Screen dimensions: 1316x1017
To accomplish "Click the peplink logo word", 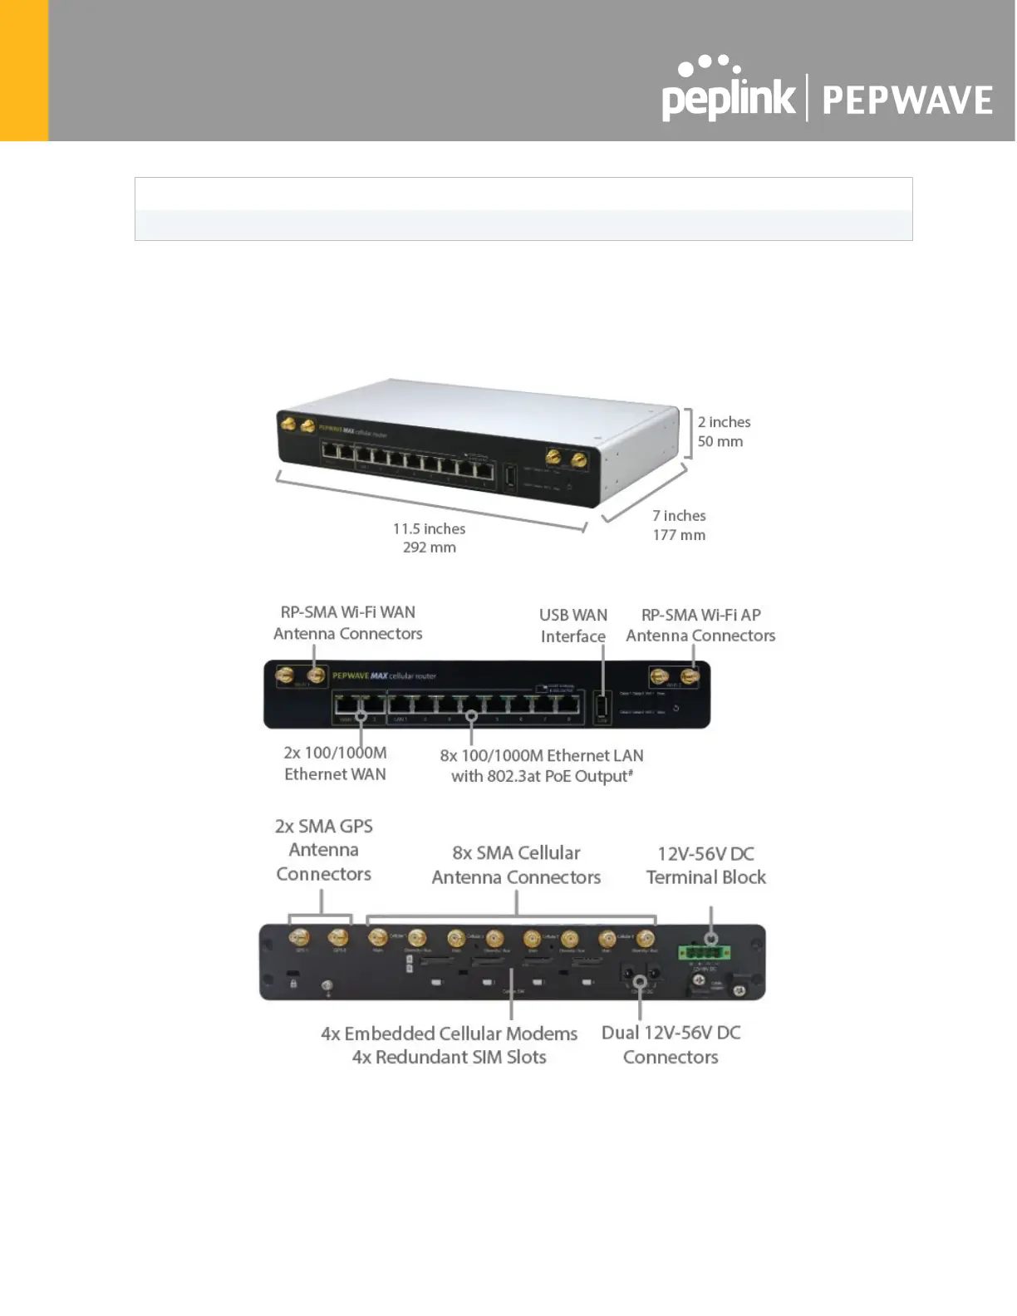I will tap(728, 97).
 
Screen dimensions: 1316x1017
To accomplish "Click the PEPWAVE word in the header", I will tap(907, 101).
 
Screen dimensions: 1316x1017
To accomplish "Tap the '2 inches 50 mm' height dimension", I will tap(723, 432).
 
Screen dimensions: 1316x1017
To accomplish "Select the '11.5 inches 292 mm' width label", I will tap(429, 538).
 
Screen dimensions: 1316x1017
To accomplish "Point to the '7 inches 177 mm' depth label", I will tap(679, 525).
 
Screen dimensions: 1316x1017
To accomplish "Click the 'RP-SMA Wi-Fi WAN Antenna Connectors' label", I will tap(347, 623).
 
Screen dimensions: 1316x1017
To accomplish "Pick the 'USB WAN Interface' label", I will tap(572, 626).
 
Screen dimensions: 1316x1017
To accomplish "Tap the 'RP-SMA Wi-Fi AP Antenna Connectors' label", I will tap(700, 625).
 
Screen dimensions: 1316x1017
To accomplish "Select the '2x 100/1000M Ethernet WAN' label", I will tap(335, 764).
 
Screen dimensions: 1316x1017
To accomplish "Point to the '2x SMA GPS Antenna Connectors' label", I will tap(323, 850).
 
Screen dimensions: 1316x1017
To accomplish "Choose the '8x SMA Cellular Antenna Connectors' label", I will tap(516, 865).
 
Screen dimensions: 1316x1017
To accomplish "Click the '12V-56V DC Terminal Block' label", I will tap(705, 865).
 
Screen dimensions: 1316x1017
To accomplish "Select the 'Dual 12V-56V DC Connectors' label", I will tap(671, 1044).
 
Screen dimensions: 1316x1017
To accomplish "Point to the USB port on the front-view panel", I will tap(602, 708).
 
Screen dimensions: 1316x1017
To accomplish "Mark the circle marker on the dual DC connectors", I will tap(640, 982).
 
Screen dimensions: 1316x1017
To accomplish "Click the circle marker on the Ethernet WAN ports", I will tap(361, 715).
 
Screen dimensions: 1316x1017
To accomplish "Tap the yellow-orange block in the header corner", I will tap(24, 70).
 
